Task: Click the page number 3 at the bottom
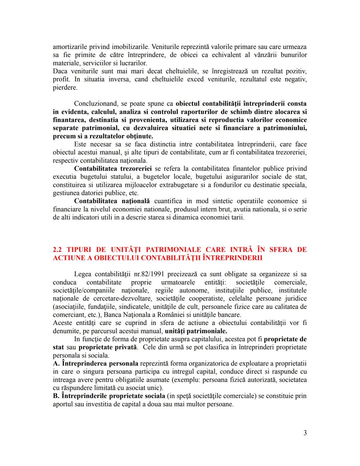[305, 433]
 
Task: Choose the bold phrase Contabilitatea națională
[112, 201]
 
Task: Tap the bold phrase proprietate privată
[108, 347]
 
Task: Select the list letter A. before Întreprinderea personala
[56, 364]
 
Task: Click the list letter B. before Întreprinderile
[56, 396]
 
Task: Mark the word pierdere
[65, 88]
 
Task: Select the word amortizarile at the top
[70, 47]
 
